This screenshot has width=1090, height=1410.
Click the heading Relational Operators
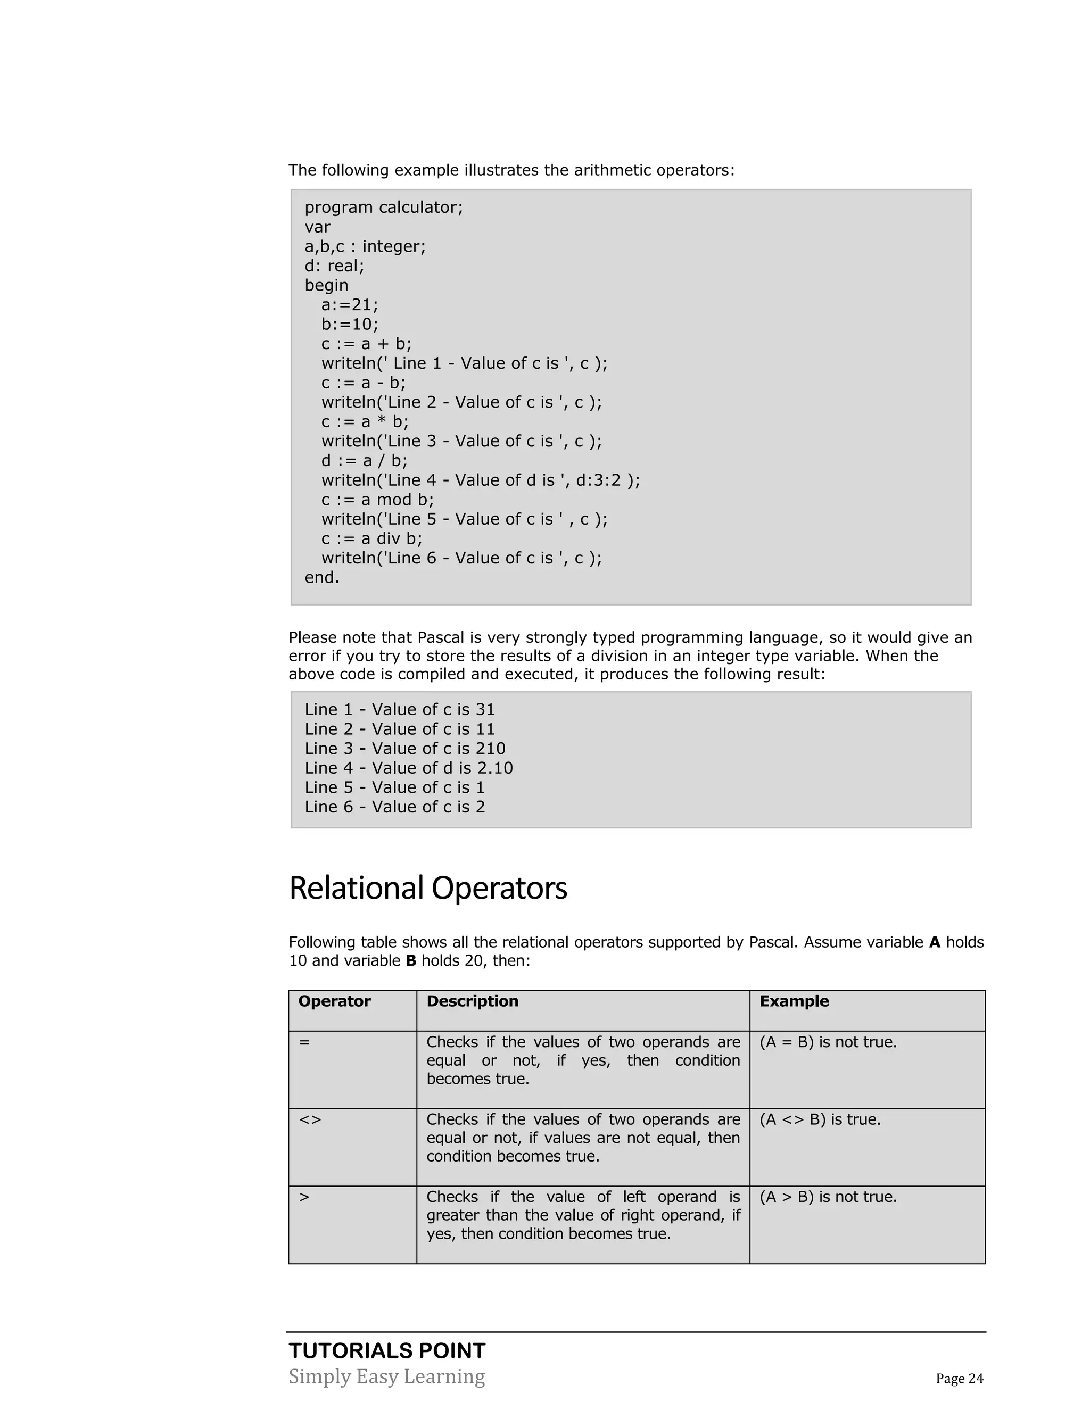tap(427, 888)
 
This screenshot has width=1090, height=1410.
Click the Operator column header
tap(334, 1001)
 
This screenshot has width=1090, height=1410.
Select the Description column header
tap(472, 1001)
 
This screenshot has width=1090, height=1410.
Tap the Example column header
tap(794, 1001)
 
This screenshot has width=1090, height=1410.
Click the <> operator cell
tap(310, 1119)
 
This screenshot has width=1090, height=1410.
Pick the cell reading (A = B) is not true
tap(828, 1042)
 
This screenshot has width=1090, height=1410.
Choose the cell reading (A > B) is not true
tap(828, 1197)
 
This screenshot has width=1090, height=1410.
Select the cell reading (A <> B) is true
tap(820, 1119)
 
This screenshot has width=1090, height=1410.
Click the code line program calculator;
tap(384, 207)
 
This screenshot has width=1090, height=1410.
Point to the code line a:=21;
tap(349, 305)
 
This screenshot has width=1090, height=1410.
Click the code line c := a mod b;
tap(377, 500)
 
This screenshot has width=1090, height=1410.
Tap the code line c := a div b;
tap(371, 538)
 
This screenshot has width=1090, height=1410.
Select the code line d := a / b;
tap(364, 461)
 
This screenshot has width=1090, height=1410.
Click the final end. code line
tap(321, 578)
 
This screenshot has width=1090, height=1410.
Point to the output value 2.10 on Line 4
tap(494, 768)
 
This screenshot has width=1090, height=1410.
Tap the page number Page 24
tap(959, 1379)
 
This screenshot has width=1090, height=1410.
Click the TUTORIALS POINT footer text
tap(387, 1350)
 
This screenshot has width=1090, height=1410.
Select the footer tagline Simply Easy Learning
tap(386, 1376)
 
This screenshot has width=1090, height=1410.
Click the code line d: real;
tap(334, 266)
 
